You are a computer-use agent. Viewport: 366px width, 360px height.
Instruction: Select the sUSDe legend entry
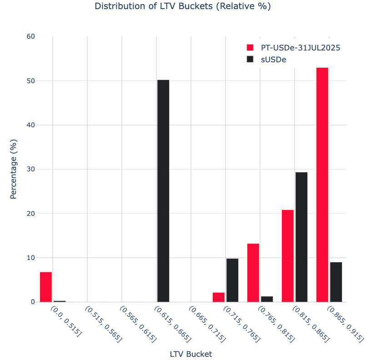(273, 60)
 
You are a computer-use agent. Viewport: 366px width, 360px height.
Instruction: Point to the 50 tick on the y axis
(30, 81)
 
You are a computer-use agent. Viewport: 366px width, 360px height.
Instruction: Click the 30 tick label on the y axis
(30, 169)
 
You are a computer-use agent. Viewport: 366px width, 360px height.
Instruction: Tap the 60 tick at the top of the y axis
(30, 36)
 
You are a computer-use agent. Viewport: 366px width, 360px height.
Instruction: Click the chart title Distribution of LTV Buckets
(183, 6)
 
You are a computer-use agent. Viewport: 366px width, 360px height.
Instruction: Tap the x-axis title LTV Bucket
(191, 354)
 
